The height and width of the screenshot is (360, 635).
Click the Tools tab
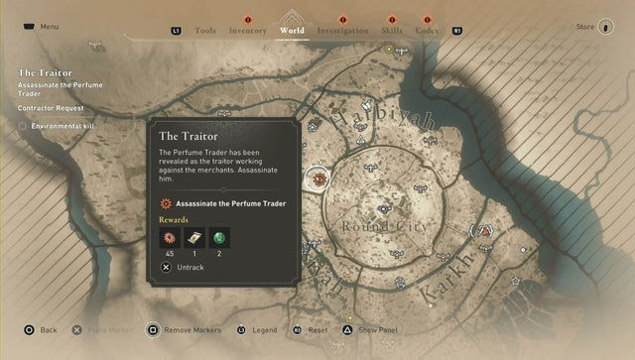(205, 31)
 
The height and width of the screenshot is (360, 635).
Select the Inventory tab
(248, 31)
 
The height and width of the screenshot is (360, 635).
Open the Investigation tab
(341, 31)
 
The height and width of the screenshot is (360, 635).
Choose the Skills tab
(391, 31)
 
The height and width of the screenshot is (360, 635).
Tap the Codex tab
(428, 31)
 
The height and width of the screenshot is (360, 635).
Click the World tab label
(293, 31)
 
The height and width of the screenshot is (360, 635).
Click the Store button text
(584, 27)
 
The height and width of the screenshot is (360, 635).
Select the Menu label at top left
(50, 27)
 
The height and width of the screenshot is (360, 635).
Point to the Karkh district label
(438, 288)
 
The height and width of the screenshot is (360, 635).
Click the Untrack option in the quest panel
(190, 268)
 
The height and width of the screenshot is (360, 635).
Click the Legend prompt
(264, 329)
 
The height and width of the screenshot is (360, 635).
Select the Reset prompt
(317, 329)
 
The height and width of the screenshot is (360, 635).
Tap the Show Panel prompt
(379, 329)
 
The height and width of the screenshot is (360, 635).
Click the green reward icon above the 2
(219, 237)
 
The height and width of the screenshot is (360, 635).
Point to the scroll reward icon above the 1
(194, 237)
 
